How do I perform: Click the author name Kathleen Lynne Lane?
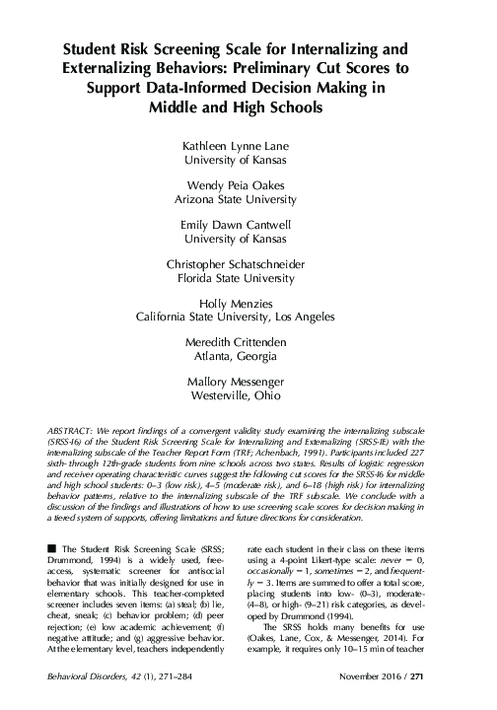(x=248, y=145)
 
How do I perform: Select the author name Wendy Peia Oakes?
(x=248, y=184)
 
